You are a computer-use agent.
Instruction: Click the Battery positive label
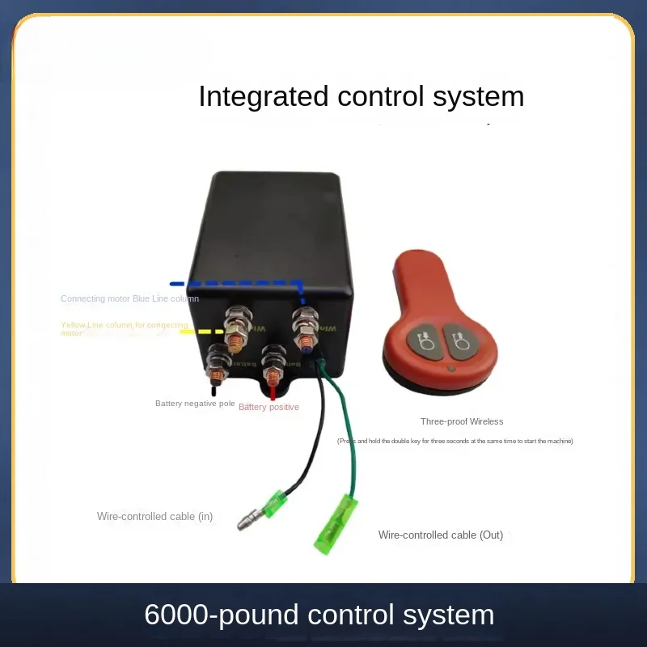click(x=269, y=407)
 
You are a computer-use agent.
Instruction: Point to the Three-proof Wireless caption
click(x=462, y=421)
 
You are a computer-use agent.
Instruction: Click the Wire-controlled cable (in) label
click(x=154, y=516)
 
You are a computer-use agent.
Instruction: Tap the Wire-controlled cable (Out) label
click(x=441, y=535)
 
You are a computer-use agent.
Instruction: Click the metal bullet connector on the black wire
click(x=247, y=522)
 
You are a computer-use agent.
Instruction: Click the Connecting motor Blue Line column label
click(x=129, y=298)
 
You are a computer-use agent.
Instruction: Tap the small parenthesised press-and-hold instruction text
click(x=455, y=441)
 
